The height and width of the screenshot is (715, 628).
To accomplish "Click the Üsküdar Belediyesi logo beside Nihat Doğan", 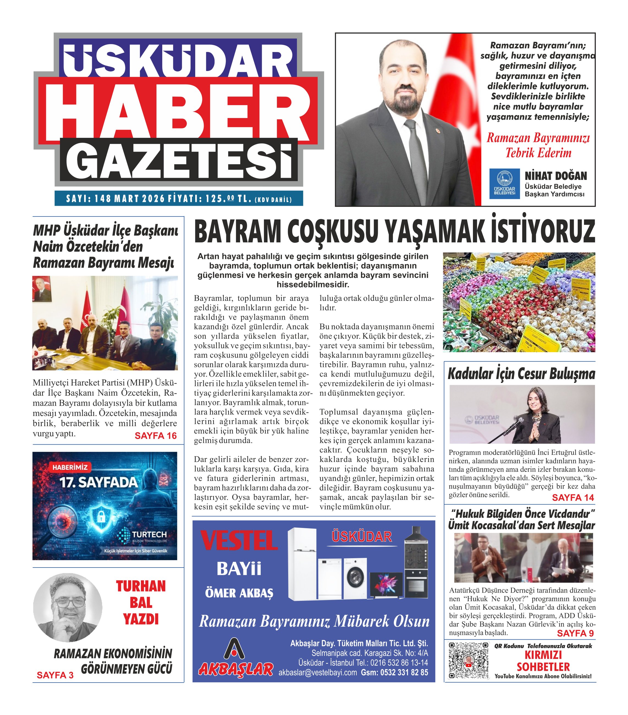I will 505,184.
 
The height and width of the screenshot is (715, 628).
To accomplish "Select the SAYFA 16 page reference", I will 156,436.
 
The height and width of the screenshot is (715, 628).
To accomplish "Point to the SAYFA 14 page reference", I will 573,497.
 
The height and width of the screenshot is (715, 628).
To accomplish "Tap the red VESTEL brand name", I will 239,541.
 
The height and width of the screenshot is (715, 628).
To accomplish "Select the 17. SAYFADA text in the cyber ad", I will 99,483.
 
